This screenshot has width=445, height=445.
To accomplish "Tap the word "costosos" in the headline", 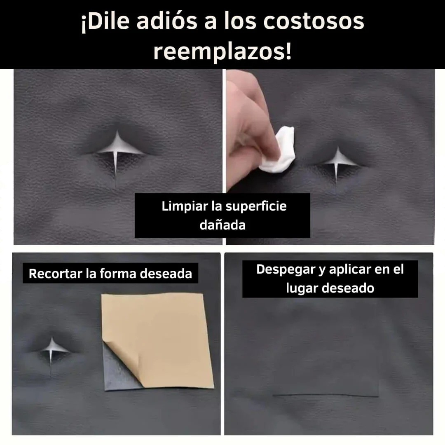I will pyautogui.click(x=314, y=22).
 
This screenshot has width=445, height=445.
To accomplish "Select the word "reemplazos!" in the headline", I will pyautogui.click(x=222, y=52).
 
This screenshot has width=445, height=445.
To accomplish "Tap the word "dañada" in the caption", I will pyautogui.click(x=222, y=225).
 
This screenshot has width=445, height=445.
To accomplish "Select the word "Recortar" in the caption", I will pyautogui.click(x=55, y=274).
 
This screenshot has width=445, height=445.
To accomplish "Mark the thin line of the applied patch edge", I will pyautogui.click(x=326, y=396).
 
